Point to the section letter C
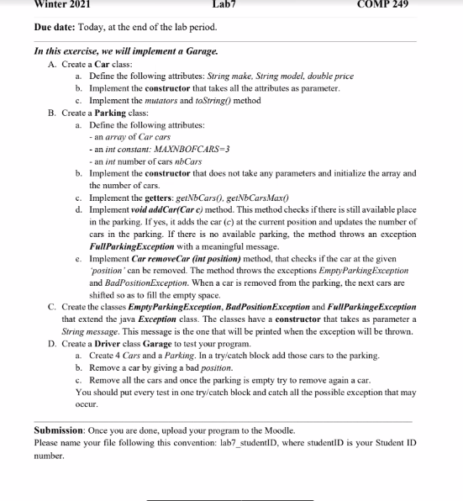tap(53, 307)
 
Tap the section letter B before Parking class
tap(53, 113)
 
